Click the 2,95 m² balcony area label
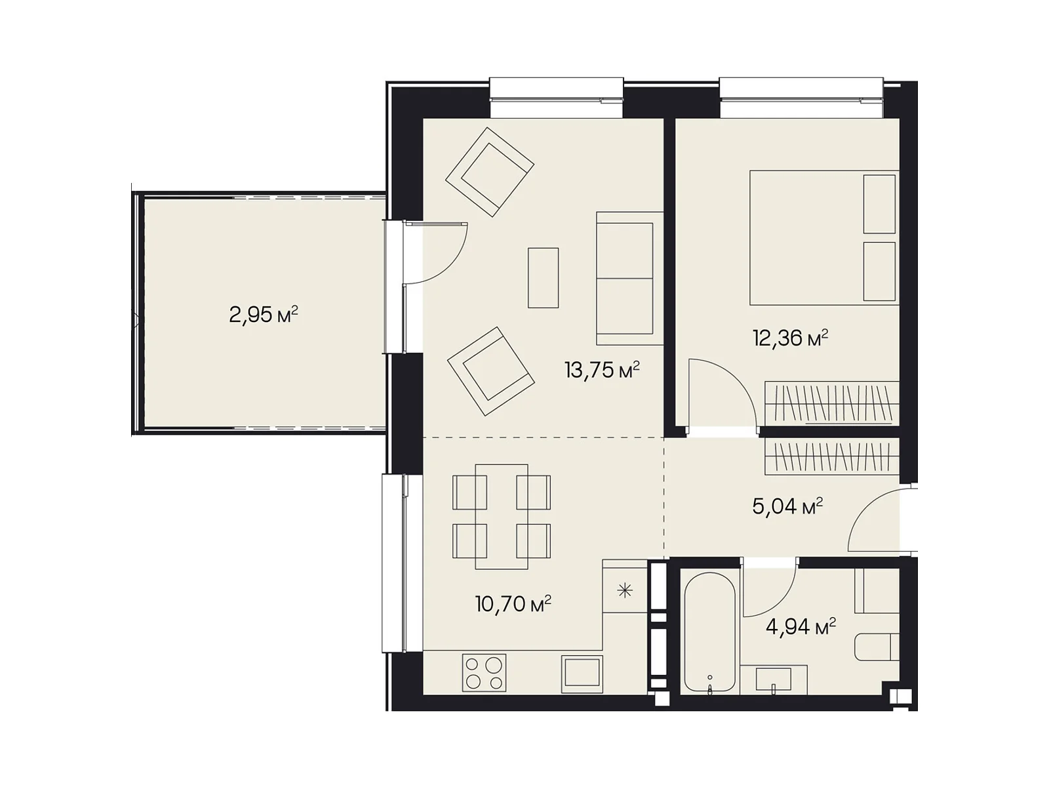pyautogui.click(x=264, y=315)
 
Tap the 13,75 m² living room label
pyautogui.click(x=602, y=369)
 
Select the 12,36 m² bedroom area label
pyautogui.click(x=790, y=338)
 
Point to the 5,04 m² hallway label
pyautogui.click(x=787, y=506)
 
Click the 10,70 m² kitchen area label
pyautogui.click(x=513, y=604)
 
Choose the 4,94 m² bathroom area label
pyautogui.click(x=801, y=626)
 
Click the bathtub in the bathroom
pyautogui.click(x=709, y=632)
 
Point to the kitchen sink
pyautogui.click(x=582, y=674)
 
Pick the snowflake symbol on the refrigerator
pyautogui.click(x=625, y=591)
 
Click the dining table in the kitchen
pyautogui.click(x=502, y=517)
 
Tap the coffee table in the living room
pyautogui.click(x=543, y=277)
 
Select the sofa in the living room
pyautogui.click(x=629, y=278)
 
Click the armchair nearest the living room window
pyautogui.click(x=489, y=172)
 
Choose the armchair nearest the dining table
pyautogui.click(x=490, y=371)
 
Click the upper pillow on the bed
pyautogui.click(x=879, y=204)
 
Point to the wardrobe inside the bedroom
pyautogui.click(x=831, y=403)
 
